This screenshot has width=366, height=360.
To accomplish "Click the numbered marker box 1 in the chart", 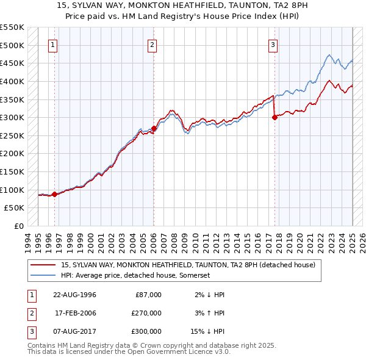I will pos(52,45).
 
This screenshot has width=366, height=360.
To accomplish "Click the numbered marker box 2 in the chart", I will pos(152,45).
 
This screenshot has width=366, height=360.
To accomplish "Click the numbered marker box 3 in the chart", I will pos(273,45).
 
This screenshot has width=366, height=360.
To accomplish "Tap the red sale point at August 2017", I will pos(274,118).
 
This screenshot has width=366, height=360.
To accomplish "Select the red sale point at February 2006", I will pos(154,129).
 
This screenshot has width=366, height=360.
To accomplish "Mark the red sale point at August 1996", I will pos(54,195).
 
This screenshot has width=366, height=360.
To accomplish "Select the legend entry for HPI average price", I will pos(135,275).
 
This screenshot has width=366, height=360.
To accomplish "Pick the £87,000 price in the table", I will pos(148,294).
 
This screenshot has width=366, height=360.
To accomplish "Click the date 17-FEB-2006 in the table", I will pos(76,313).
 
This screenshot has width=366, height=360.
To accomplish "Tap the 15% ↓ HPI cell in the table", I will pos(209,332).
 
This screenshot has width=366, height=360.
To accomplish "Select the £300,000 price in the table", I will pos(146,332).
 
